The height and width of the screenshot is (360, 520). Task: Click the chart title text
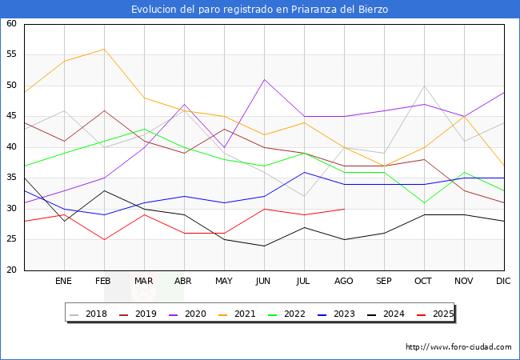coord(260,10)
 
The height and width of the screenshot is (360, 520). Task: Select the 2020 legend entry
coord(198,314)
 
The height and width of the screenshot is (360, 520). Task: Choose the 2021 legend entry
coord(246,314)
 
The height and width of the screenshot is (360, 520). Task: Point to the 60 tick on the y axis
coord(11,24)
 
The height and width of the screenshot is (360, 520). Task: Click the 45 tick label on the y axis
coord(11,117)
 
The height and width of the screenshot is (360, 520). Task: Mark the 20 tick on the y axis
coord(11,270)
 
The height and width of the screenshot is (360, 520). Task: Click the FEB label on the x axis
coord(104,282)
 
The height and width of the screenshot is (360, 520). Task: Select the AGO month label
coord(344,282)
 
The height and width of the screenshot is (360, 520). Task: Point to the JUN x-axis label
coord(264,282)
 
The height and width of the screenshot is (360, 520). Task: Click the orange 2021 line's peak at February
coord(104,49)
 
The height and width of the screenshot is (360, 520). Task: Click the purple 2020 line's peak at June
coord(264,79)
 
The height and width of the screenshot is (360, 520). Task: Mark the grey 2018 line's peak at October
coord(424,86)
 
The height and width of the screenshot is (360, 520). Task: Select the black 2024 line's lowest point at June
coord(264,246)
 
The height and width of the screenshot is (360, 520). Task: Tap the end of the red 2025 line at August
coord(344,209)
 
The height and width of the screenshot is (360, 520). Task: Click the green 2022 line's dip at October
coord(424,202)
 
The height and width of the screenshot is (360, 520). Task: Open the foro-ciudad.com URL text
coord(458,347)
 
